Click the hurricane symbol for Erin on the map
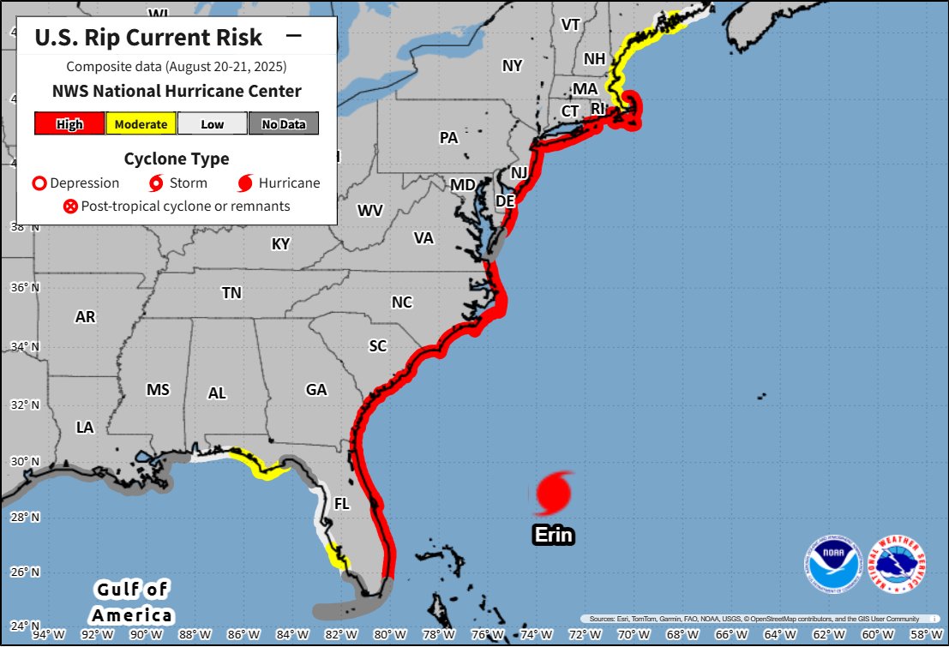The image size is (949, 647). [554, 493]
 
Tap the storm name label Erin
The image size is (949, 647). [553, 535]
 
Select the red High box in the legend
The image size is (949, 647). [69, 124]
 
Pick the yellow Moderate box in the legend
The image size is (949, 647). [141, 124]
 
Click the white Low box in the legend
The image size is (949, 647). [212, 124]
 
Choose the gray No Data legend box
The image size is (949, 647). [283, 124]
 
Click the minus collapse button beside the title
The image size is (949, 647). [293, 36]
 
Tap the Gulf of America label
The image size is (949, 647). [132, 602]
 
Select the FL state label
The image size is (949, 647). [341, 505]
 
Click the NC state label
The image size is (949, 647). [401, 303]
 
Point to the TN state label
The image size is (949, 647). [231, 293]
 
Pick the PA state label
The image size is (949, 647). [448, 137]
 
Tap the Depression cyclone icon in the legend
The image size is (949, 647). [39, 183]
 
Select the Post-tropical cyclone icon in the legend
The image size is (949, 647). [70, 206]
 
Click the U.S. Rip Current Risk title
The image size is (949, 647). [148, 37]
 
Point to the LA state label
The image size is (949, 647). [85, 427]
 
